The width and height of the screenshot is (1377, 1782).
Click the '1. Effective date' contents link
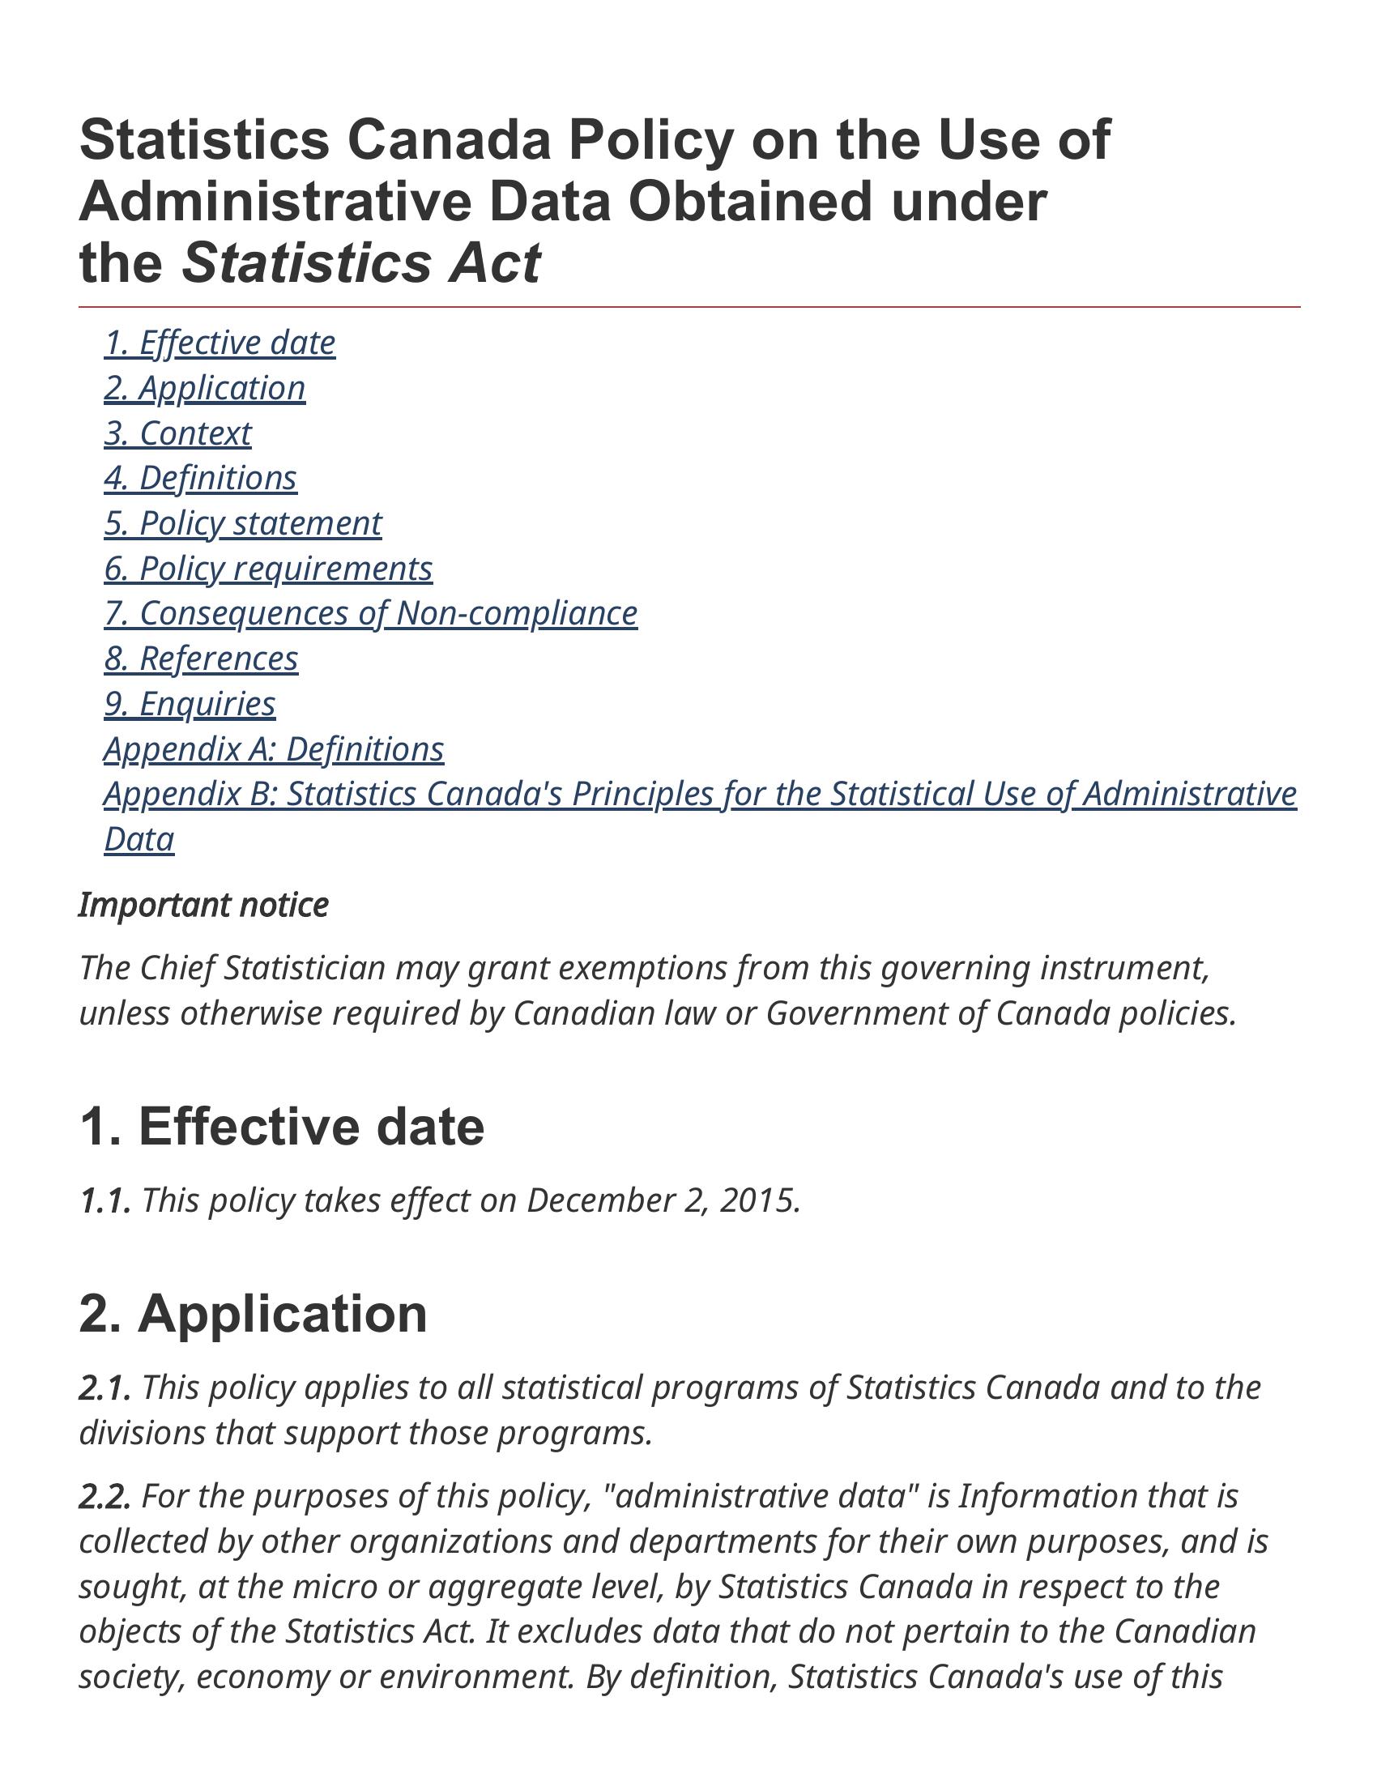tap(220, 343)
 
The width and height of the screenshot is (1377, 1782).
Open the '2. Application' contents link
tap(205, 388)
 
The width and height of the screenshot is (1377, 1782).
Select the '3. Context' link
tap(178, 434)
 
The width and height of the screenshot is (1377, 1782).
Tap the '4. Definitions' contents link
tap(201, 479)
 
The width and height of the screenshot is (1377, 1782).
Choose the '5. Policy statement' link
tap(243, 524)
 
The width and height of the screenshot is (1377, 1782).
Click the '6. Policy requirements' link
tap(268, 569)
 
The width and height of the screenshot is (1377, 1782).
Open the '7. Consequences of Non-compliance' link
tap(371, 614)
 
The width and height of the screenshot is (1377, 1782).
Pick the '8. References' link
tap(202, 659)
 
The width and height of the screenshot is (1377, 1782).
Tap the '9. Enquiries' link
tap(190, 704)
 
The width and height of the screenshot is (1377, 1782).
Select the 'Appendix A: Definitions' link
tap(274, 749)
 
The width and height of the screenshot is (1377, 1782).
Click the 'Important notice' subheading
tap(204, 906)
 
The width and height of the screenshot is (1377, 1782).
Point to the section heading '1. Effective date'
tap(282, 1128)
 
